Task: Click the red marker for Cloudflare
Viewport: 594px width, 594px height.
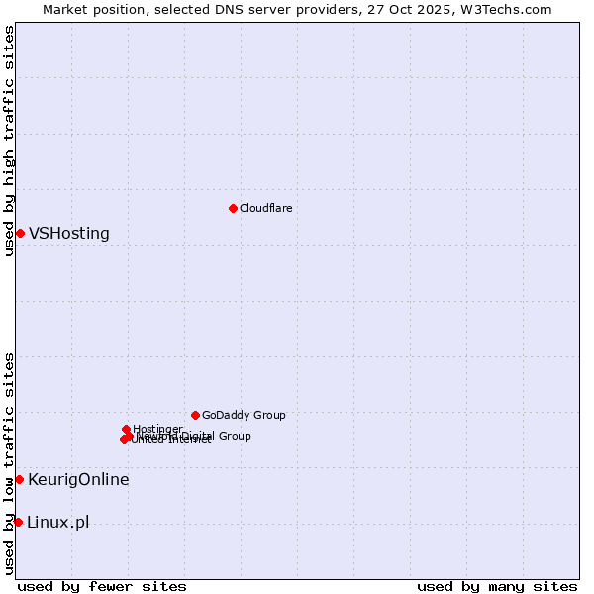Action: point(233,208)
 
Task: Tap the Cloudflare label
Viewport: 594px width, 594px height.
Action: point(265,208)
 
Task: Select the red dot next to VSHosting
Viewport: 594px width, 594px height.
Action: point(20,233)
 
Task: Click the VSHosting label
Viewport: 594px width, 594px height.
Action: point(69,234)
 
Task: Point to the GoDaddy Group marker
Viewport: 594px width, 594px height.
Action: point(195,415)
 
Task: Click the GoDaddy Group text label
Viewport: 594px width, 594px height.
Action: point(244,415)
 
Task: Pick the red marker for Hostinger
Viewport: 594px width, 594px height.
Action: point(126,430)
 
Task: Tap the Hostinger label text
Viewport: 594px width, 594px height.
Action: point(157,429)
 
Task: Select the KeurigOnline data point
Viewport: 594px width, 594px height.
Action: point(19,479)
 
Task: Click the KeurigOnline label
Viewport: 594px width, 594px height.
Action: point(78,480)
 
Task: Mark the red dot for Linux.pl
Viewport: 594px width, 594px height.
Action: point(18,522)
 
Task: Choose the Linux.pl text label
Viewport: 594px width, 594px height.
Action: point(57,523)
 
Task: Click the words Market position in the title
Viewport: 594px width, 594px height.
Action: point(94,10)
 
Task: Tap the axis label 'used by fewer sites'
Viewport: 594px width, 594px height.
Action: point(102,587)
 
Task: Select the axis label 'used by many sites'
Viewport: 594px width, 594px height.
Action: point(497,587)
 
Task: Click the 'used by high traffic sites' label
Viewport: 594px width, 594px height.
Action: point(10,141)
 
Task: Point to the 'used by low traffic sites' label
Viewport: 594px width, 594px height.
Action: point(10,463)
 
